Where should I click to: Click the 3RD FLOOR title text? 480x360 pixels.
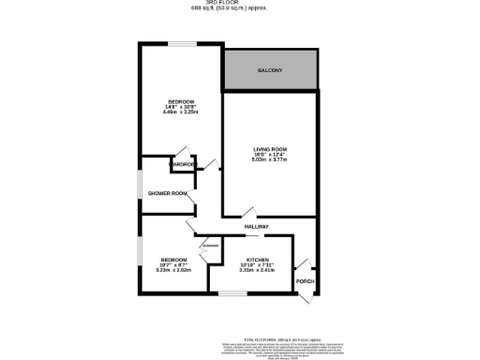tap(241, 4)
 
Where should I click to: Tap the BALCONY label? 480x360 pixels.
tap(270, 71)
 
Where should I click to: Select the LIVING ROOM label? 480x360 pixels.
tap(269, 150)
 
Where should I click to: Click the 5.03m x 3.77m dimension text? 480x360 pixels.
tap(269, 160)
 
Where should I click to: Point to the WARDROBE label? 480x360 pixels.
tap(182, 166)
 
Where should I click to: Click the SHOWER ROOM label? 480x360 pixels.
tap(168, 193)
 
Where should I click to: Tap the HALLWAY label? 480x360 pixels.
tap(257, 227)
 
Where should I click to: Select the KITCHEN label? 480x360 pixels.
tap(257, 259)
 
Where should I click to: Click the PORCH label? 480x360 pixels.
tap(305, 281)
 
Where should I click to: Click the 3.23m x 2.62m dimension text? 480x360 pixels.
tap(173, 270)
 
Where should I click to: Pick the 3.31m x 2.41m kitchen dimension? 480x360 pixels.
tap(257, 270)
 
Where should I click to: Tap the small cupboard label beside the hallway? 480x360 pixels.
tap(208, 246)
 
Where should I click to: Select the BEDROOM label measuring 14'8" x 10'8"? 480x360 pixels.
tap(181, 101)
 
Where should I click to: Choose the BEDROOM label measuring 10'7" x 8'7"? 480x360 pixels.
tap(173, 259)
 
